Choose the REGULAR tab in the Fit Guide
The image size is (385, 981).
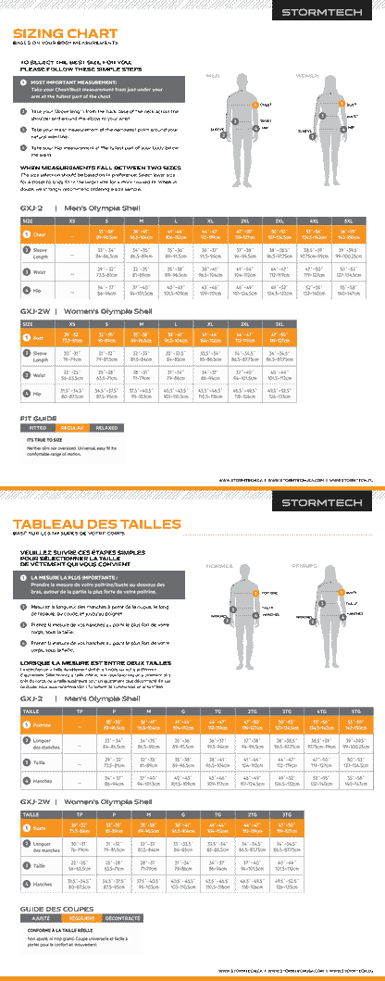pos(72,402)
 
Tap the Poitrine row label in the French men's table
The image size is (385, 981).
pos(43,723)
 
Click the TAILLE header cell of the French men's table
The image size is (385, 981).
pos(31,710)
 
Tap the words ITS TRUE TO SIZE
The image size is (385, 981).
pos(50,413)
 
